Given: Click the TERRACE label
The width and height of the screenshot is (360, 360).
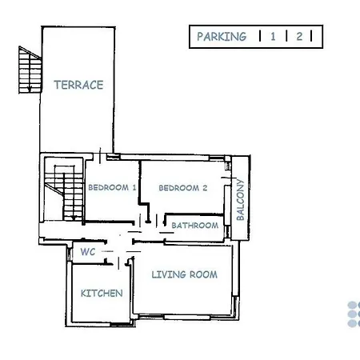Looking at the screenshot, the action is pos(78,85).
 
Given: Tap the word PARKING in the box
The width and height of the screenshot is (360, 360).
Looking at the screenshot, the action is pos(222,37).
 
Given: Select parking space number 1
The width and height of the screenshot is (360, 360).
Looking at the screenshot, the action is pos(273,37).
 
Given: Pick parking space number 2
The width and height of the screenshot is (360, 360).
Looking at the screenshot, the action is pos(299,37).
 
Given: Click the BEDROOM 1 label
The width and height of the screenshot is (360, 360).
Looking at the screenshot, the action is pos(112,187).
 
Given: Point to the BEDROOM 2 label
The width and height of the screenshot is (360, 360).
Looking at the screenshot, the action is pos(183,188).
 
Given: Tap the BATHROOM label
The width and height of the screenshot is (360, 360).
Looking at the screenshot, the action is pos(195,226).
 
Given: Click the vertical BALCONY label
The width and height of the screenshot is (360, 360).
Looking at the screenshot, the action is pos(240,200).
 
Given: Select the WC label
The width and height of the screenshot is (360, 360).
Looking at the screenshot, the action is pos(88,252).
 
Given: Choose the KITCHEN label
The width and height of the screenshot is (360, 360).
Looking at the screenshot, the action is pos(102,294).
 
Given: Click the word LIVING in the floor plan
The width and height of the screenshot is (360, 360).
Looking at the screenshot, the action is pos(169,274).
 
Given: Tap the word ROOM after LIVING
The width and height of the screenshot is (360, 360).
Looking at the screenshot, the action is pos(203,274).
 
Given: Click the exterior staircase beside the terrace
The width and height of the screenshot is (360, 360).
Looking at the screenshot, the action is pos(30,70).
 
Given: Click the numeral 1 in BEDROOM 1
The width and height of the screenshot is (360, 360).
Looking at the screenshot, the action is pos(134,187).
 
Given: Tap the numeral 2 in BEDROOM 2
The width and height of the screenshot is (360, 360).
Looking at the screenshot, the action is pos(205,188).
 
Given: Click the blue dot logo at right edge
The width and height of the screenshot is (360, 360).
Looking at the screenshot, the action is pos(354,314).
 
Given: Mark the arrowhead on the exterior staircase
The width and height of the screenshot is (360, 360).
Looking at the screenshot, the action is pos(30,90).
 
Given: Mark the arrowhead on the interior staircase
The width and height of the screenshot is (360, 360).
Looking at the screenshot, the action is pos(74,218).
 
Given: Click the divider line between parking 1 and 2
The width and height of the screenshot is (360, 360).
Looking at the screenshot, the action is pos(286,36).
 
